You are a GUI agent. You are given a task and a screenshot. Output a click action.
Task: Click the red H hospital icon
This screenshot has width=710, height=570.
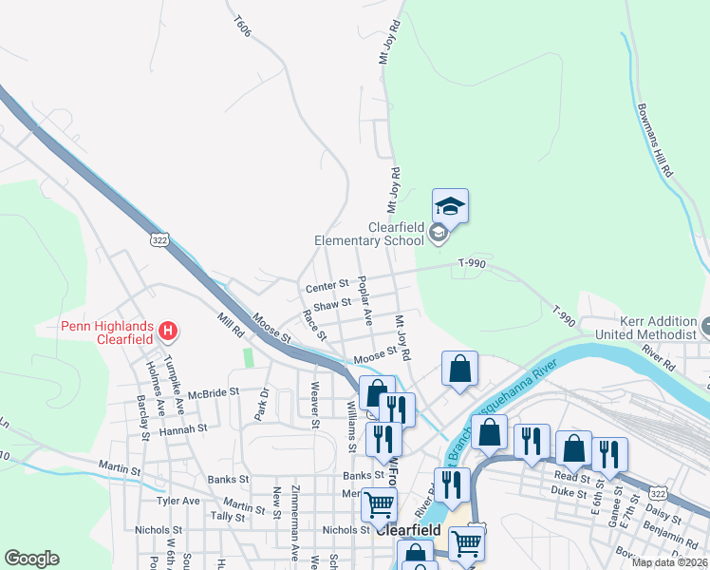[x=168, y=332]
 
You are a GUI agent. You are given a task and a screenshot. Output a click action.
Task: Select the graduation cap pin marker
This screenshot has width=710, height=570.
[x=451, y=206]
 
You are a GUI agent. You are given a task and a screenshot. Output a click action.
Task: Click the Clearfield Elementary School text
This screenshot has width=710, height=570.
[x=368, y=234]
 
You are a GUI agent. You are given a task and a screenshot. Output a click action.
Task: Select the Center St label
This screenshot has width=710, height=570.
[x=327, y=287]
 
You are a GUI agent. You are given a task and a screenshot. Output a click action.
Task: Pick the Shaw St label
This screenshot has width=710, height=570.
[x=332, y=305]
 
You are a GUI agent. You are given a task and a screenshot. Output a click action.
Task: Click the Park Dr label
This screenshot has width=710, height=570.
[x=265, y=400]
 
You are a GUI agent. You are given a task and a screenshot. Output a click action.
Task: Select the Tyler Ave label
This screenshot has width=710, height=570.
[x=178, y=501]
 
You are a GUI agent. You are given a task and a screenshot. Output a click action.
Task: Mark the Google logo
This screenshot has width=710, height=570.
[x=31, y=559]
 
